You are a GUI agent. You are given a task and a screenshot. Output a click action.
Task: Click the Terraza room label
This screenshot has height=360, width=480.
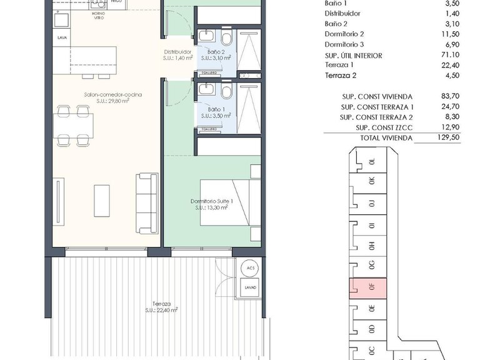[161, 305]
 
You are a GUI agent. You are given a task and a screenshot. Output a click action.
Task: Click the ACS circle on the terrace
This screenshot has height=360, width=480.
[251, 267]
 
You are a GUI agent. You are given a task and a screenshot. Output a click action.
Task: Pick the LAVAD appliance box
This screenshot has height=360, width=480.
[251, 287]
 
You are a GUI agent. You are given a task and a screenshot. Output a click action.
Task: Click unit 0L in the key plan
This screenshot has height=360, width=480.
[371, 161]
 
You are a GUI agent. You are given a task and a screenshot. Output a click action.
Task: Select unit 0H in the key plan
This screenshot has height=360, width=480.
[371, 245]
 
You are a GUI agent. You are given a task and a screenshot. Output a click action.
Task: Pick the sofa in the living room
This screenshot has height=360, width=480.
[147, 201]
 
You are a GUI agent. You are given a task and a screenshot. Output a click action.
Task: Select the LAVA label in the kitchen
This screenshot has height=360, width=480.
[62, 37]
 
